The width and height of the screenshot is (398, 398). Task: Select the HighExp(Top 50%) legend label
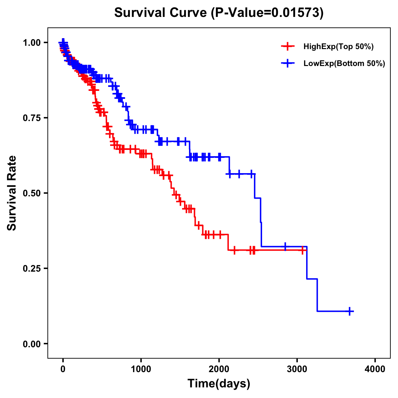(339, 47)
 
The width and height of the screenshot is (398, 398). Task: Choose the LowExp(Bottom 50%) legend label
(344, 64)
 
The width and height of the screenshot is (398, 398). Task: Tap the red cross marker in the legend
(288, 47)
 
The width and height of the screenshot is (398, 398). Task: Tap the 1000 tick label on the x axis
(141, 369)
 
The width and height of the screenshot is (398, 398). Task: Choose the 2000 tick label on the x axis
(219, 369)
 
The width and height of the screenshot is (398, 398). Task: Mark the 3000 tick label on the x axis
(297, 369)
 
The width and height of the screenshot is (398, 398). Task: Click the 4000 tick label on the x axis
(375, 369)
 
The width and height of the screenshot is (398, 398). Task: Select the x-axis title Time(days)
(219, 384)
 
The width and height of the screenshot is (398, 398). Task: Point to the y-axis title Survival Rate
(12, 193)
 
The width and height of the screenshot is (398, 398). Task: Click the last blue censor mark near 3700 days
(350, 311)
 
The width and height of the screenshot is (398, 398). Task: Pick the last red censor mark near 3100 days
(302, 250)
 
